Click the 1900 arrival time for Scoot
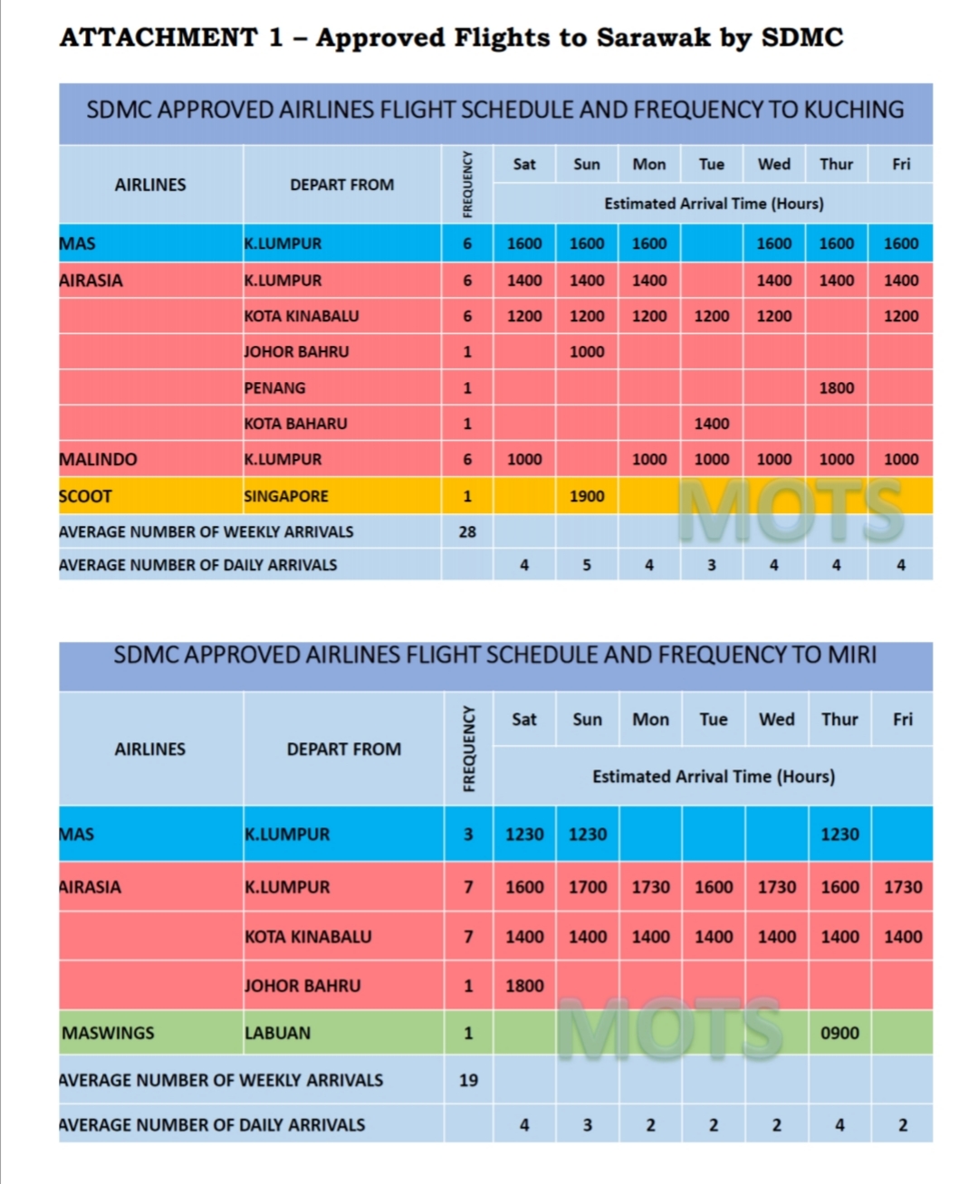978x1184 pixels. (587, 496)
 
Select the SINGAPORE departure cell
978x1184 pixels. (286, 496)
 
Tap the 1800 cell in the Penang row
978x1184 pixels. (836, 387)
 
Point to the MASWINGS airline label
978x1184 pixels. (108, 1033)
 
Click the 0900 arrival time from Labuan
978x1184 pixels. (839, 1033)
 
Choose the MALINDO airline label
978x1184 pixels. (98, 459)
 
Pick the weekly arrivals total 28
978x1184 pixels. (467, 531)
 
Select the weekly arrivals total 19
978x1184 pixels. (468, 1080)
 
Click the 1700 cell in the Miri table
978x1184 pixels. (588, 887)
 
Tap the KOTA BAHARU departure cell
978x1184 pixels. (295, 423)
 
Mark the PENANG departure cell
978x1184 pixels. (274, 387)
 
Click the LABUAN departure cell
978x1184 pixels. (277, 1033)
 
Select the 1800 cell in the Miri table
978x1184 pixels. (524, 986)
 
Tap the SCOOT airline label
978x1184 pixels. (85, 496)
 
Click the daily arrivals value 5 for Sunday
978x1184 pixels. (587, 565)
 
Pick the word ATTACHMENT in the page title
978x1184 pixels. (158, 37)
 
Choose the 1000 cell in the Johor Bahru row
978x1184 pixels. (587, 351)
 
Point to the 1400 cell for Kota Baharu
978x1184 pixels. (712, 423)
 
